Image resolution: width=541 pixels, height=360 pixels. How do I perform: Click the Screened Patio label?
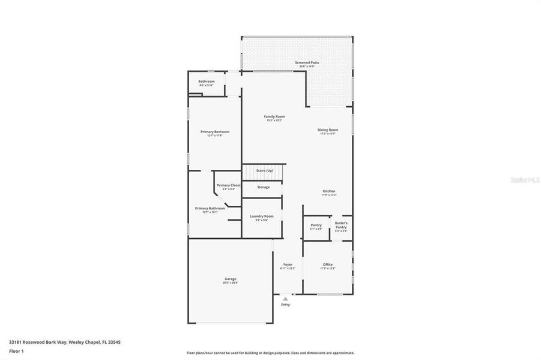[x=306, y=62]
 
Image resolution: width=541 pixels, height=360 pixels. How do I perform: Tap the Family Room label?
[x=274, y=116]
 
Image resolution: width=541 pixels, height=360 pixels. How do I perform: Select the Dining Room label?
[x=328, y=130]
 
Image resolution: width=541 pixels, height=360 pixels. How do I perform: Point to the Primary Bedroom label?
[x=214, y=132]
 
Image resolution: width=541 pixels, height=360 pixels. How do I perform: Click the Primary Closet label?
[x=228, y=185]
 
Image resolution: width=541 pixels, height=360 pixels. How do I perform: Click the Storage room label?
[x=263, y=187]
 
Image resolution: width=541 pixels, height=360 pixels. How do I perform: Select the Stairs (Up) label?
[x=264, y=171]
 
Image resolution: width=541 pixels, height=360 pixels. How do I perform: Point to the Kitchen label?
[x=328, y=191]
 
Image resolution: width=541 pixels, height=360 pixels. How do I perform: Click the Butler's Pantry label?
[x=341, y=225]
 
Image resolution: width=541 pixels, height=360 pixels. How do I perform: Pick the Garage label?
[x=231, y=279]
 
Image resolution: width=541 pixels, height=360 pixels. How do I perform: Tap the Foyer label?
[x=288, y=265]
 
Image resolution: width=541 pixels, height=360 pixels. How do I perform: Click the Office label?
[x=327, y=265]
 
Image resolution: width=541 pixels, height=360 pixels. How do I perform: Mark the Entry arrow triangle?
[x=285, y=299]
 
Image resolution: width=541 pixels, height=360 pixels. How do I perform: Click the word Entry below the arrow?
[x=285, y=305]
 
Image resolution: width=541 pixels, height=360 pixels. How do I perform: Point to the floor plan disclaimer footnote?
[x=270, y=353]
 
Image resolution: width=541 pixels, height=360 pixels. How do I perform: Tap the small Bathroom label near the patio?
[x=206, y=81]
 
